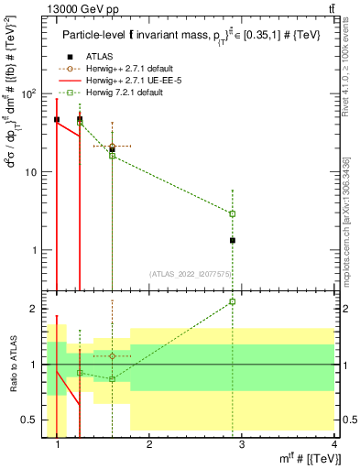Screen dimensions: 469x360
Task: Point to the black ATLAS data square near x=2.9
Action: [x=233, y=240]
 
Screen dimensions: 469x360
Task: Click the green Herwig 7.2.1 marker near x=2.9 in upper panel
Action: [x=233, y=213]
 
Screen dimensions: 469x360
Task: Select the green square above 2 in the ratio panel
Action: [x=233, y=301]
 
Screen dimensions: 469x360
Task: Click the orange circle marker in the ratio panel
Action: [x=112, y=355]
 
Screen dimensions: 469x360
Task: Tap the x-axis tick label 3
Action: [x=242, y=446]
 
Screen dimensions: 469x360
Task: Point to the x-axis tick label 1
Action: [x=58, y=446]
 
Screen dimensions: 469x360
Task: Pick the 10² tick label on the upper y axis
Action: [x=27, y=93]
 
